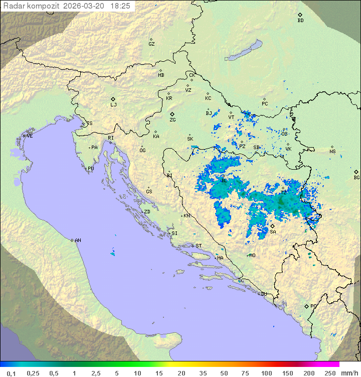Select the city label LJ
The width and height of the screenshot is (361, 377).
(x=113, y=105)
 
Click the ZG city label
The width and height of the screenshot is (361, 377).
(x=172, y=120)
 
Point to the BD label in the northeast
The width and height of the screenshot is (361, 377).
(x=300, y=21)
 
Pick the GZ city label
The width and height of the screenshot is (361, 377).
(x=151, y=44)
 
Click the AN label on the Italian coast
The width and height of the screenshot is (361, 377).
(x=78, y=240)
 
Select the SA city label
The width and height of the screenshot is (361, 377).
(x=273, y=232)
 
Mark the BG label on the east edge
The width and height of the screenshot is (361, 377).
(x=356, y=177)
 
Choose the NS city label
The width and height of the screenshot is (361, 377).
(x=332, y=151)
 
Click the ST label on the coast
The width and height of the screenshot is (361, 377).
(x=199, y=246)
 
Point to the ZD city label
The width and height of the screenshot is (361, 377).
(x=147, y=212)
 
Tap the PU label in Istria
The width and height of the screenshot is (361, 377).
(x=91, y=169)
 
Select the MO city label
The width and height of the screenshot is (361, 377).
(x=252, y=255)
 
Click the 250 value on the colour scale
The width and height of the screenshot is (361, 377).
(x=330, y=373)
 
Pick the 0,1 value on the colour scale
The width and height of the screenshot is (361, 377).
(x=11, y=373)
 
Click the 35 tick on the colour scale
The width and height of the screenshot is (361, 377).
(x=203, y=373)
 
